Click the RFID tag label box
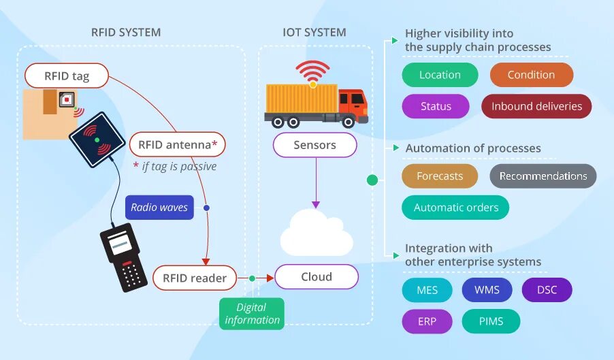(67, 76)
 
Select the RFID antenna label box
(178, 145)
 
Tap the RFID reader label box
(195, 278)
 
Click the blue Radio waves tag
(159, 208)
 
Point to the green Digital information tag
(252, 314)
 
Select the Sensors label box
(315, 145)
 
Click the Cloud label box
(317, 277)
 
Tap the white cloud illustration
(317, 233)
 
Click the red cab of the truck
(353, 103)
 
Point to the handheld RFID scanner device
(123, 257)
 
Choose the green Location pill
(440, 75)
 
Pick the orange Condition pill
(532, 75)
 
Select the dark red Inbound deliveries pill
(536, 106)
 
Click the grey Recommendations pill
(543, 176)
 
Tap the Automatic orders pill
(456, 208)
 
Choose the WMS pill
(487, 290)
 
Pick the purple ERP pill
(427, 321)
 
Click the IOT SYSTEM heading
(314, 32)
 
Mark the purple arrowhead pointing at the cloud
(316, 205)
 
